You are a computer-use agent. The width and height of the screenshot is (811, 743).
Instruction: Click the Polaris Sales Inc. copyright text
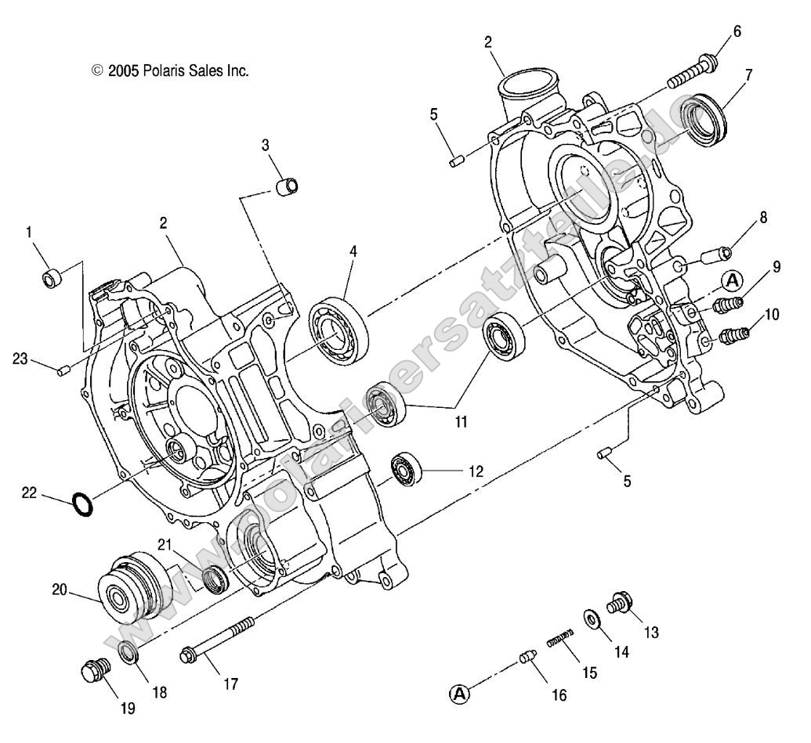click(x=171, y=70)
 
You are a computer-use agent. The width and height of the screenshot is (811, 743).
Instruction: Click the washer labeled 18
click(x=126, y=650)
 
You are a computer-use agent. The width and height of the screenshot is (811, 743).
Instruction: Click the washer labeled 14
click(x=590, y=618)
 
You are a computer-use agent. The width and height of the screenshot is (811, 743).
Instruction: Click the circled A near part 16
click(x=460, y=692)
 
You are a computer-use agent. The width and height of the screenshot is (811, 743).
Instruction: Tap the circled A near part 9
click(x=731, y=280)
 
